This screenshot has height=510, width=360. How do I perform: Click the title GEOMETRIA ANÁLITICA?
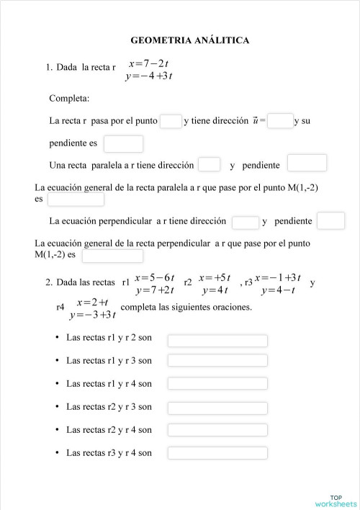click(x=190, y=40)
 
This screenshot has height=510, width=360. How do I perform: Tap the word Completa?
click(x=69, y=98)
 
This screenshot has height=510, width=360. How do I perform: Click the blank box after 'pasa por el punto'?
click(x=171, y=121)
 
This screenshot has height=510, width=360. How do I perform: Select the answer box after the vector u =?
click(x=280, y=121)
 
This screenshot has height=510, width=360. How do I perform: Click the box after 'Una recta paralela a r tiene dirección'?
click(x=209, y=165)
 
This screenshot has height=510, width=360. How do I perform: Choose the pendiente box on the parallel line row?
click(x=306, y=164)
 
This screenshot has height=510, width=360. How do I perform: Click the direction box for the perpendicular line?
click(x=245, y=222)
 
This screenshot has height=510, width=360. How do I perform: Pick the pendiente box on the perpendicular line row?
click(x=330, y=220)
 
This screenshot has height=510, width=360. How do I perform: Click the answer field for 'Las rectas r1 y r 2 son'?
click(x=217, y=340)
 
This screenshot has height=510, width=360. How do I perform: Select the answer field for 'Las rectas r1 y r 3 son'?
click(x=217, y=360)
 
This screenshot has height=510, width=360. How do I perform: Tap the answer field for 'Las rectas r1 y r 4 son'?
click(x=217, y=384)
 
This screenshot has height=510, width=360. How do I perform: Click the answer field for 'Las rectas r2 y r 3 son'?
click(x=217, y=407)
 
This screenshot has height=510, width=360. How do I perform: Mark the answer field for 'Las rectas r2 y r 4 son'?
click(x=217, y=430)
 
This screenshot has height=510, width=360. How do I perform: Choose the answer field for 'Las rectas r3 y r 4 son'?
click(x=217, y=453)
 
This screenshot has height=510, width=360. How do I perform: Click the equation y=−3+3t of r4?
click(x=93, y=315)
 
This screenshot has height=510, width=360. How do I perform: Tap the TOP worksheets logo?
click(x=336, y=500)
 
